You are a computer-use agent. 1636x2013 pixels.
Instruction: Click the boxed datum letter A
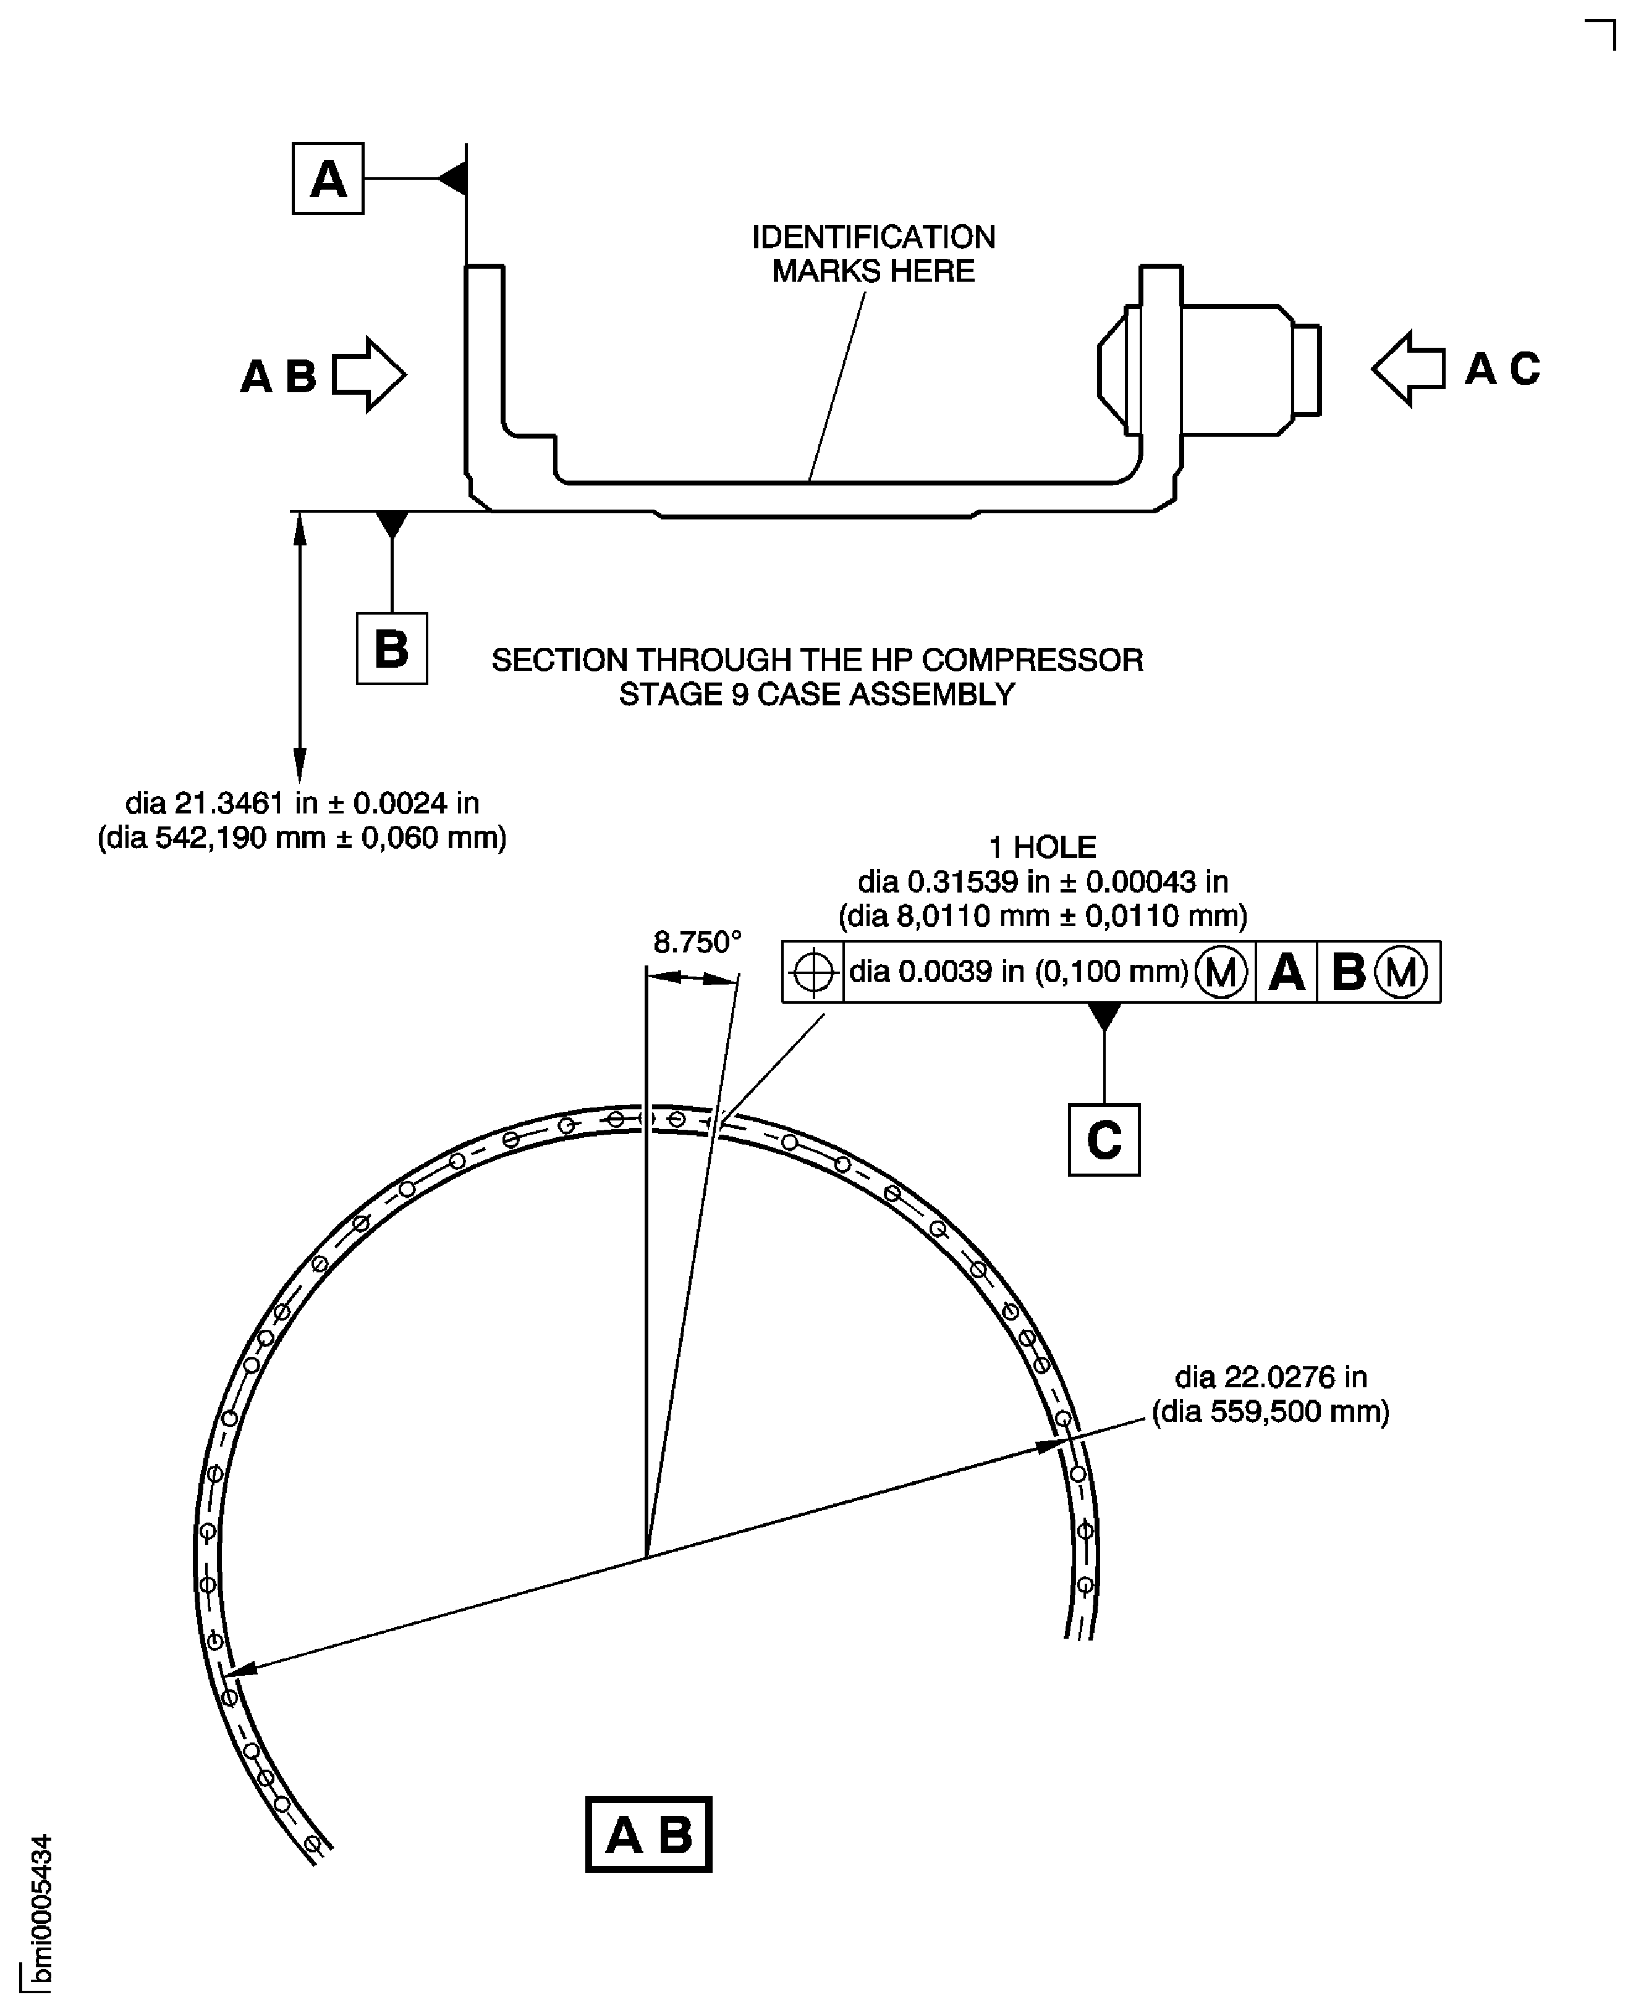[x=327, y=179]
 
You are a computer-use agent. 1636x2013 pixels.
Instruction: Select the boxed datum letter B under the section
[x=391, y=649]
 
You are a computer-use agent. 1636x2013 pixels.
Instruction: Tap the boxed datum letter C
[x=1104, y=1140]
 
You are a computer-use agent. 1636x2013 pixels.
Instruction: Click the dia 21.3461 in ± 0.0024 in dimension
[x=302, y=804]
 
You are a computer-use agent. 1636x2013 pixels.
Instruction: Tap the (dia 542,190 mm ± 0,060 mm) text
[x=302, y=838]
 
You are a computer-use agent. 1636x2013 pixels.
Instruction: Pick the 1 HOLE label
[x=1042, y=848]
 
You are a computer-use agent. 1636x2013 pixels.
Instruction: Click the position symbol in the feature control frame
[x=812, y=972]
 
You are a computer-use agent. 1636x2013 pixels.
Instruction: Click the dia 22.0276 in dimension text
[x=1270, y=1377]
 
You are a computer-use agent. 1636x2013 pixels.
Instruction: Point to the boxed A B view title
[x=648, y=1834]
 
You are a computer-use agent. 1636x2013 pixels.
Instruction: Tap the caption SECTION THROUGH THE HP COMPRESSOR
[x=817, y=660]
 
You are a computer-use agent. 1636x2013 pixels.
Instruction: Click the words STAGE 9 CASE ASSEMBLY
[x=817, y=694]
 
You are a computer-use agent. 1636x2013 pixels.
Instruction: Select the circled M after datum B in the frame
[x=1401, y=972]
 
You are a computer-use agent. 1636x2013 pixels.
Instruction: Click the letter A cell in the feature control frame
[x=1286, y=972]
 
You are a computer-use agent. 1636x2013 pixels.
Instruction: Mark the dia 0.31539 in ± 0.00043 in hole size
[x=1042, y=881]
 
